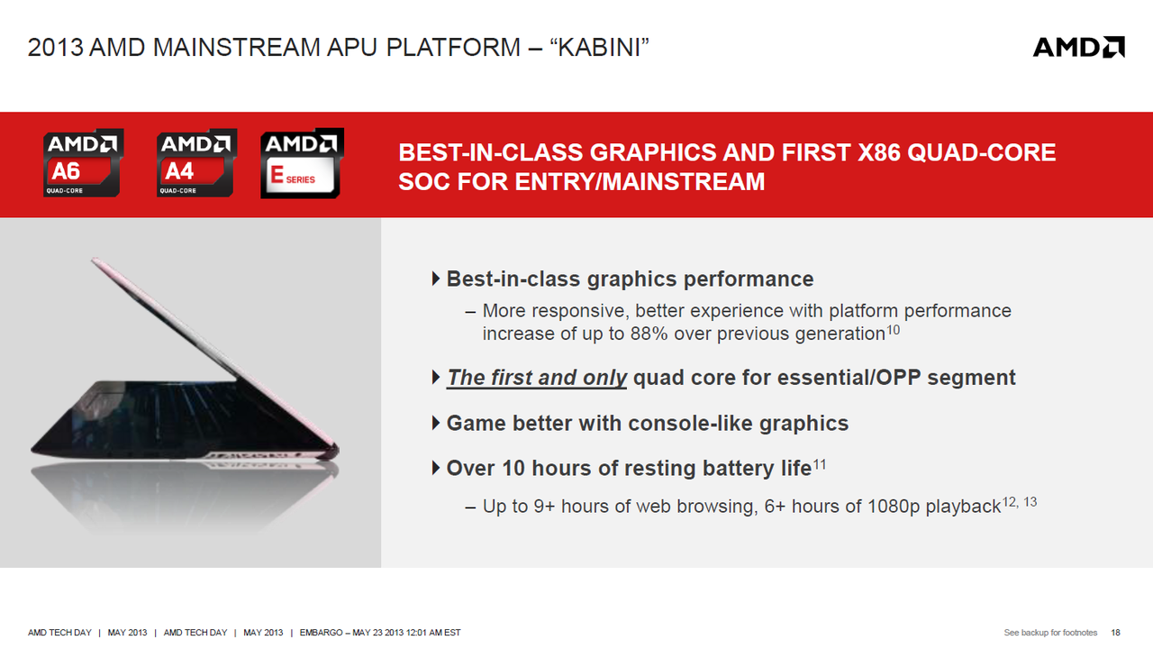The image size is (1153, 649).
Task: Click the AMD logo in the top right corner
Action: (x=1079, y=47)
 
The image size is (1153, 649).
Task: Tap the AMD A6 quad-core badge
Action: (x=84, y=163)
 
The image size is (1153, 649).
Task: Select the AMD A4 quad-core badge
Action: (x=196, y=163)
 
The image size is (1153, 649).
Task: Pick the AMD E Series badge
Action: (x=302, y=163)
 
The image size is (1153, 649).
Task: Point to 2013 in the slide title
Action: (x=56, y=48)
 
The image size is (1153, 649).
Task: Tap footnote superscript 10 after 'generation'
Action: (x=893, y=329)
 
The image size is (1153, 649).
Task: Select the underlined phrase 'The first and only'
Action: (x=536, y=378)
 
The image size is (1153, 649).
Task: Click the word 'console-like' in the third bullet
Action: (x=690, y=424)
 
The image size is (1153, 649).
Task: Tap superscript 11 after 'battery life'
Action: (x=820, y=464)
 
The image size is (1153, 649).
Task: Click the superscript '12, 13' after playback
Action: (x=1020, y=502)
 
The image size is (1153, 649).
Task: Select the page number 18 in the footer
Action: (x=1115, y=633)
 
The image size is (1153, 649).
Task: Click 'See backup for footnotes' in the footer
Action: (x=1050, y=633)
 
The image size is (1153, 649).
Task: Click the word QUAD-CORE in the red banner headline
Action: (x=981, y=152)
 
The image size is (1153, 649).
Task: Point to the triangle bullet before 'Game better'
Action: (x=435, y=424)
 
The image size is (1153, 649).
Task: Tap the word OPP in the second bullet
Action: (x=898, y=378)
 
